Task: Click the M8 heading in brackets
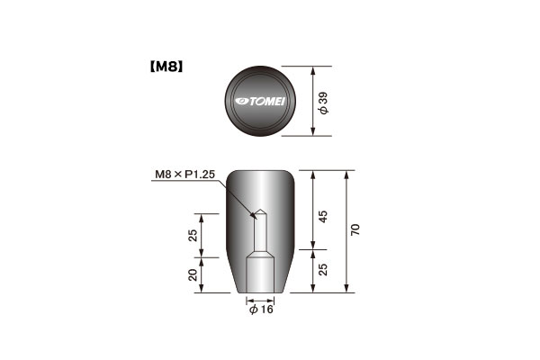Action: click(166, 67)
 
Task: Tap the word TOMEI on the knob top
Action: click(267, 102)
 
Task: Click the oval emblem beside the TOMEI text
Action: click(242, 102)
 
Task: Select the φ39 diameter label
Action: click(323, 103)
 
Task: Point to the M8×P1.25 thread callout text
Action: click(184, 175)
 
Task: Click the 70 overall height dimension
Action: click(355, 229)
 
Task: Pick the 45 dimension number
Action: click(323, 216)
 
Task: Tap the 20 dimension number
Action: click(193, 274)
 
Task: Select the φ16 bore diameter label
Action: click(261, 310)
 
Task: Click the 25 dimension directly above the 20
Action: click(193, 235)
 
